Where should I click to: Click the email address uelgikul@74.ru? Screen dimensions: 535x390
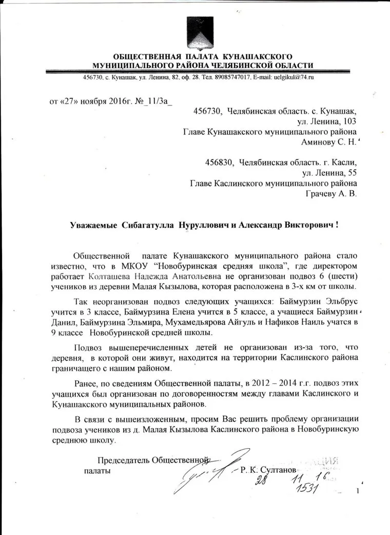point(288,77)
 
